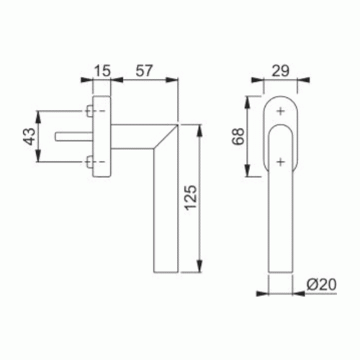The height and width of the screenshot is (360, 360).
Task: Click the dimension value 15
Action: click(102, 71)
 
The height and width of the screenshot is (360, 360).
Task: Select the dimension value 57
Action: click(144, 71)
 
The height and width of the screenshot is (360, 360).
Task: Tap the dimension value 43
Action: click(30, 137)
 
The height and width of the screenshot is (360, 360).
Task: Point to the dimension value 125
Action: click(192, 198)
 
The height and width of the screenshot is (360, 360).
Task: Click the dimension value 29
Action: click(280, 71)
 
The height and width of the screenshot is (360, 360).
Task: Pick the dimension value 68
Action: click(238, 137)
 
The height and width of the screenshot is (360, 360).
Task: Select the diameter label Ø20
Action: click(321, 284)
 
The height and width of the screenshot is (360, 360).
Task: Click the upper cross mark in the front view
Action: click(281, 112)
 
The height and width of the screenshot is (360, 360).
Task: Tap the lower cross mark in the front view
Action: click(281, 162)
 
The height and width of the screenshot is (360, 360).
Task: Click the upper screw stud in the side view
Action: click(90, 111)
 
